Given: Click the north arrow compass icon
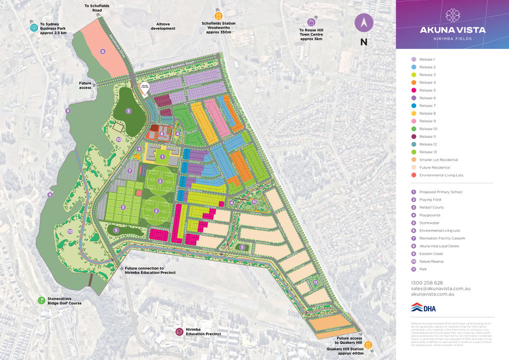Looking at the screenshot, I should click(x=364, y=22).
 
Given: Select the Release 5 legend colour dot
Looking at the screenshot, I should click(x=414, y=90).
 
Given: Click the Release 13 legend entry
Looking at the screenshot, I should click(x=427, y=152).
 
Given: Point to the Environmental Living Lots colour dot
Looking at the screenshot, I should click(x=414, y=175).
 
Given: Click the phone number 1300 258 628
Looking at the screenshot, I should click(x=426, y=283).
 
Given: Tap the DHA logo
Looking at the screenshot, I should click(x=423, y=308).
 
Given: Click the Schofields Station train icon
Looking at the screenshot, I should click(x=218, y=15).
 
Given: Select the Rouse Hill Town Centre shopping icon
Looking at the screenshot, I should click(x=311, y=22).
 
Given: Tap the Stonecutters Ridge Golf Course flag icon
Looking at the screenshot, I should click(x=41, y=300).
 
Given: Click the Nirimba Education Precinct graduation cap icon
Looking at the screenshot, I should click(x=179, y=331).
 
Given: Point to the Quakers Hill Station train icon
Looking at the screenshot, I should click(x=368, y=345).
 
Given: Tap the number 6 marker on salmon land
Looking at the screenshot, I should click(x=102, y=51).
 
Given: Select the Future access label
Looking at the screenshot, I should click(x=85, y=85).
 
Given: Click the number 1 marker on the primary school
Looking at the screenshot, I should click(x=162, y=157).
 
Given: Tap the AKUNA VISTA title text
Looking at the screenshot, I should click(x=452, y=30).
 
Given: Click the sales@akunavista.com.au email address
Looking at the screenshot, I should click(x=440, y=288).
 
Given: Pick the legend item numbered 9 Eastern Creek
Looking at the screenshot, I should click(x=431, y=253).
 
